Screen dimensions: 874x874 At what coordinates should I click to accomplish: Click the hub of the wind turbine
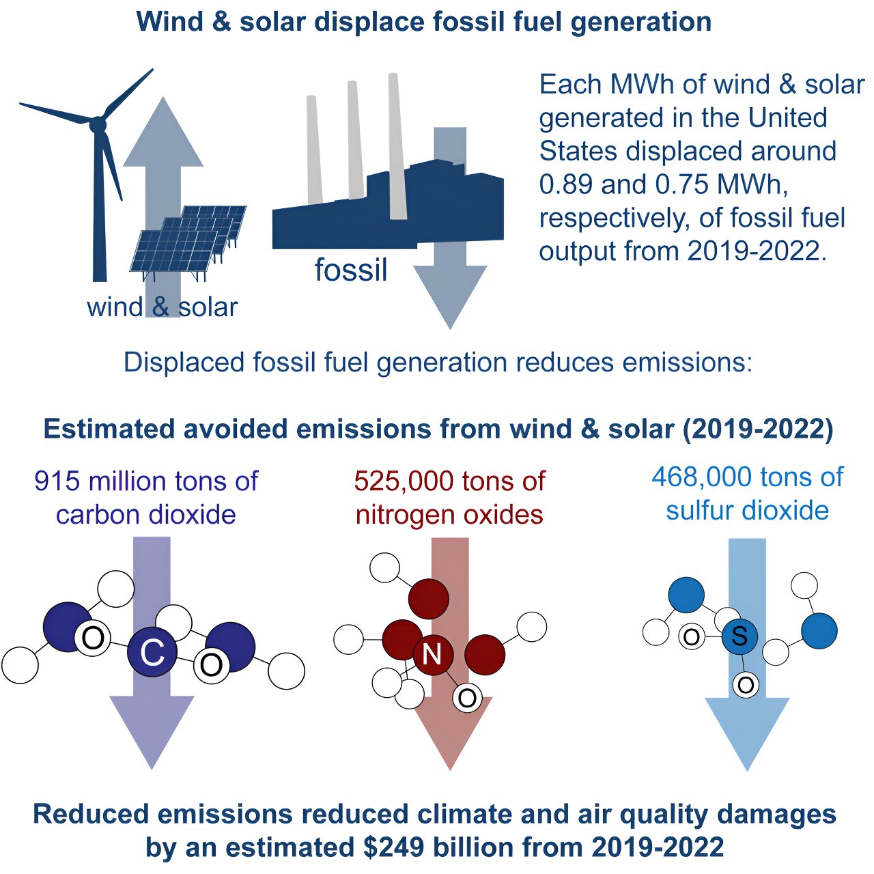[98, 125]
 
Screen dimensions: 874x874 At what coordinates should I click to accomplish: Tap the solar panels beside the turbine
[188, 239]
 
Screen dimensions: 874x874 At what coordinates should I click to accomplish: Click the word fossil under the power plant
[350, 270]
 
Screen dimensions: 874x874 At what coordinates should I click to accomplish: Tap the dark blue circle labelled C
[152, 653]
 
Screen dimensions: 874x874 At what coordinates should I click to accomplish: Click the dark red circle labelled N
[432, 654]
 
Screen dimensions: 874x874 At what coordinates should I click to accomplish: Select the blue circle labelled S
[739, 636]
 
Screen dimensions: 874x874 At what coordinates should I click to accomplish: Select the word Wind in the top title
[170, 22]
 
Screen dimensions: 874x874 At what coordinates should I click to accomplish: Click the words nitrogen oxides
[449, 515]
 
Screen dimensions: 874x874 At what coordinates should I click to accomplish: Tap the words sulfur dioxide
[747, 511]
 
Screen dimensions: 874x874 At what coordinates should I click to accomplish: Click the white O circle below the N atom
[467, 698]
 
